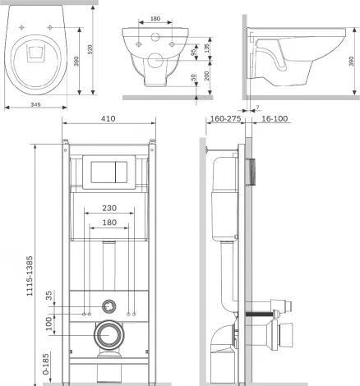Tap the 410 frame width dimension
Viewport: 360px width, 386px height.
108,119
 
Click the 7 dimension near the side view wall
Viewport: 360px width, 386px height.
257,107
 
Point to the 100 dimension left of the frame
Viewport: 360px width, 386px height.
48,325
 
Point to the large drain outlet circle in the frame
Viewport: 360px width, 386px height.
108,334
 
